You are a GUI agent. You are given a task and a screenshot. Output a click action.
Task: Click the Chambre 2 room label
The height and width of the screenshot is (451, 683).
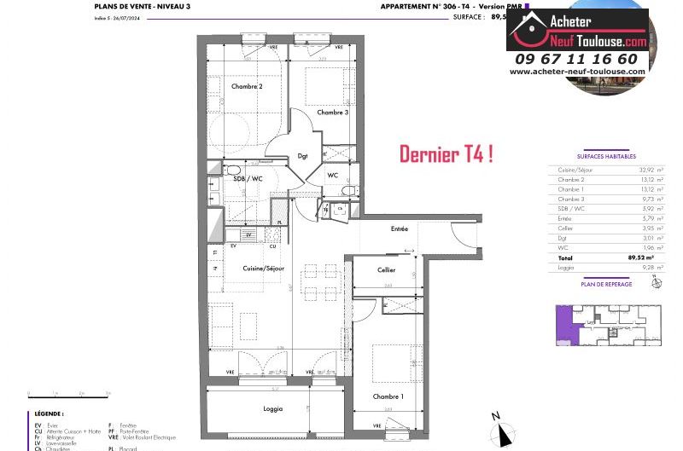(x=246, y=86)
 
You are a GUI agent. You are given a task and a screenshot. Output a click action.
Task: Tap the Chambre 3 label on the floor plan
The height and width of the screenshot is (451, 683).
(x=332, y=113)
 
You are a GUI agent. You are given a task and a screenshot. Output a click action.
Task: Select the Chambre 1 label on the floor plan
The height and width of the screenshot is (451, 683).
(x=388, y=396)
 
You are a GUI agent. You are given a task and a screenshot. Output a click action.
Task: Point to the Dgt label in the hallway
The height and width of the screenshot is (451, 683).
(x=302, y=156)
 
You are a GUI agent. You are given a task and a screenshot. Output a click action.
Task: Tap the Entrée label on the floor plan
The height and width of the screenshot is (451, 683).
(x=399, y=228)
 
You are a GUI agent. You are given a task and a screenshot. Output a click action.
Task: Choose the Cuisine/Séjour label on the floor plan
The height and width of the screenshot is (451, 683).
(x=263, y=269)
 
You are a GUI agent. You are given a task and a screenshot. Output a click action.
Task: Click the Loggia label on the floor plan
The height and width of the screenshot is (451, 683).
(x=272, y=409)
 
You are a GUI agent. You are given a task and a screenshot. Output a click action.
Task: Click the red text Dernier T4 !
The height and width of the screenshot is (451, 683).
(x=446, y=154)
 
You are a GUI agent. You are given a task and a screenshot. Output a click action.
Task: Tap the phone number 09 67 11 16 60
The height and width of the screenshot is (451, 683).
(x=576, y=59)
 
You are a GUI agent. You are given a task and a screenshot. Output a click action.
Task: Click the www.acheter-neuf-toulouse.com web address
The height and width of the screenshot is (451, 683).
(x=577, y=72)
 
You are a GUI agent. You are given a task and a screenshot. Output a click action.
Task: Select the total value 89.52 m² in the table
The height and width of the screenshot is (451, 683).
(x=639, y=257)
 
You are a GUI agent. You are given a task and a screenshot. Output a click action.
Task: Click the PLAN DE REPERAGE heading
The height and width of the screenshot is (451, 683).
(x=606, y=284)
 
